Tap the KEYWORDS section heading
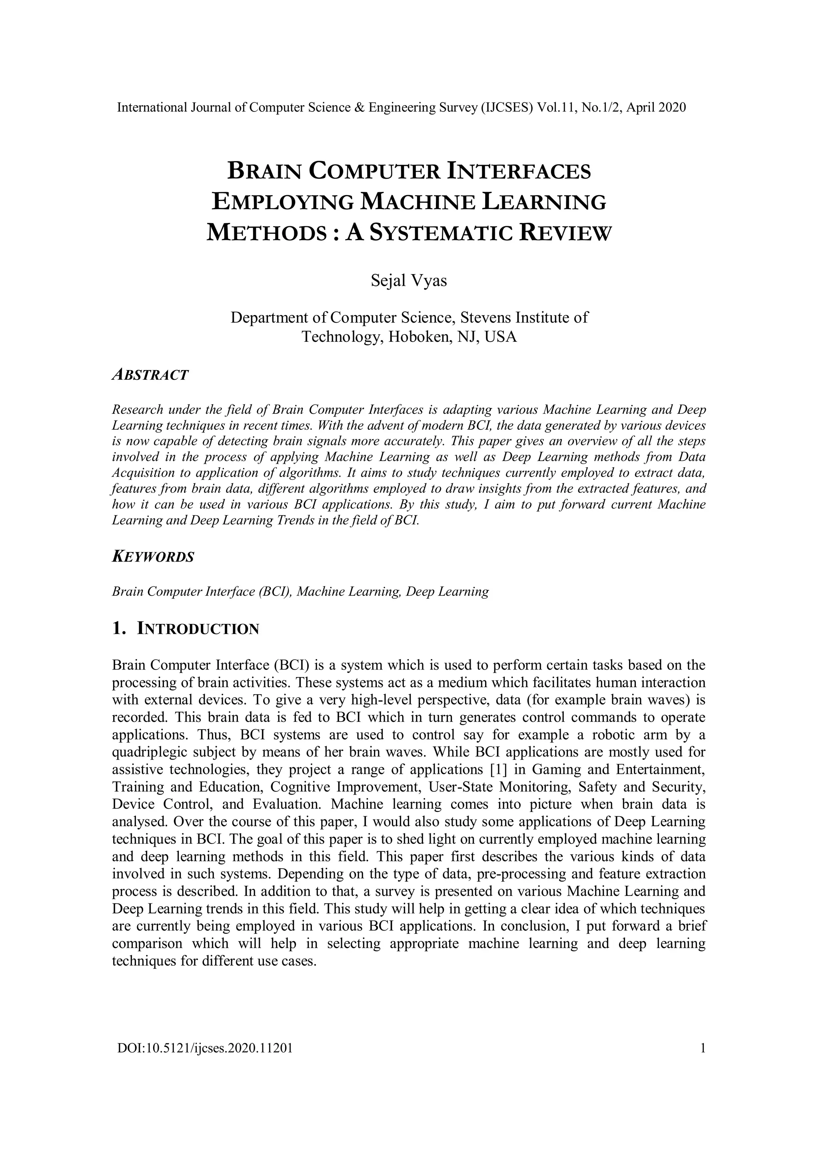pyautogui.click(x=153, y=557)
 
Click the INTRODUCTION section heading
pyautogui.click(x=198, y=629)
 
